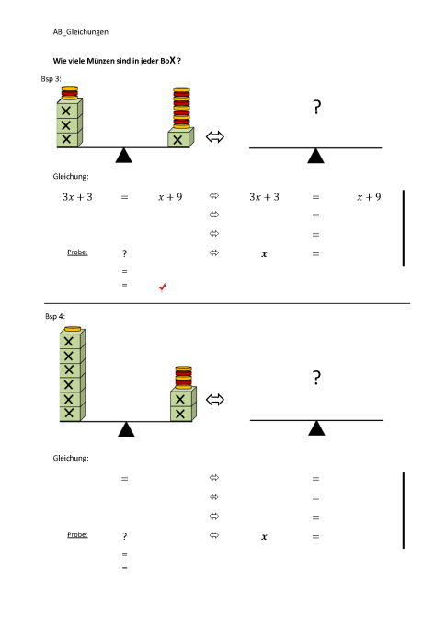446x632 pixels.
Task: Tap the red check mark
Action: (163, 287)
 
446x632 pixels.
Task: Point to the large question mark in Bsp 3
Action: (316, 108)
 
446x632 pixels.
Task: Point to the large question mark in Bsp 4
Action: (316, 378)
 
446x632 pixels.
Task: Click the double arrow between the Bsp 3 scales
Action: (215, 137)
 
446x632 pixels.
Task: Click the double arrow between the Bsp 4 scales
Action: (215, 400)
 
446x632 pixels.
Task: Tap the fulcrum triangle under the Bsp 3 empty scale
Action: (315, 156)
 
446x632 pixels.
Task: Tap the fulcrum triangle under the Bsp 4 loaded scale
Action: (126, 429)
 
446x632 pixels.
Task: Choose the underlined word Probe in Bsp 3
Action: (77, 252)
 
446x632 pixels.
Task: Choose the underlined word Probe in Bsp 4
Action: (77, 534)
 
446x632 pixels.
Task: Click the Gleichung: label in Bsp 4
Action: (70, 458)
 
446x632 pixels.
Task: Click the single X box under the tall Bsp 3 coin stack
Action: (180, 138)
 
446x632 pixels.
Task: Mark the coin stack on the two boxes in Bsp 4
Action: (182, 379)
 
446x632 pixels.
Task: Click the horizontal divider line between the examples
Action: (225, 302)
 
